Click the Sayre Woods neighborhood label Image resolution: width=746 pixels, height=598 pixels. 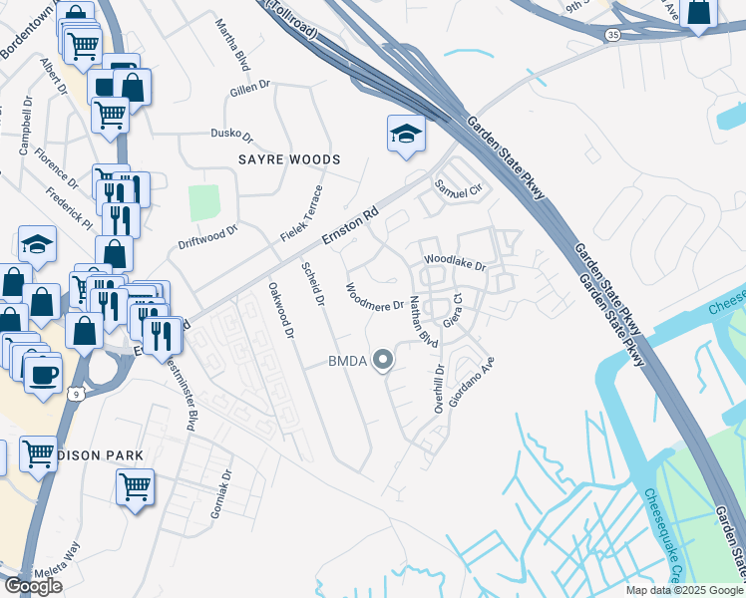point(288,159)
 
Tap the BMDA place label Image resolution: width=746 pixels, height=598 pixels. point(348,361)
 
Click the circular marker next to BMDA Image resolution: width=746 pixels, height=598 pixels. point(382,361)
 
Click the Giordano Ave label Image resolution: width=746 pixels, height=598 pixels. point(472,378)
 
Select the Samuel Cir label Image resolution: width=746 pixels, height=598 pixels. point(457,187)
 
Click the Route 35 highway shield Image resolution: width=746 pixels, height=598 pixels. point(609,35)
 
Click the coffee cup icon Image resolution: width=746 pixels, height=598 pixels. point(43,375)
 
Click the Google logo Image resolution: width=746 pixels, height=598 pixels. point(33,585)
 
